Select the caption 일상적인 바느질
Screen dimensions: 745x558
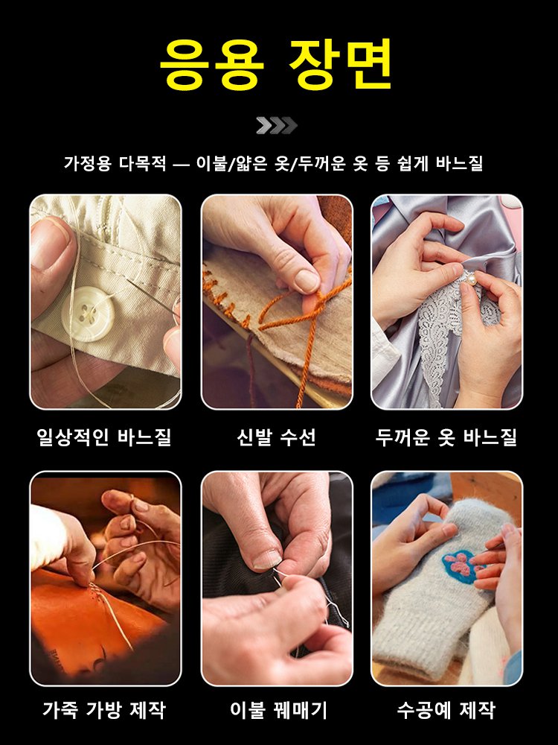pyautogui.click(x=104, y=437)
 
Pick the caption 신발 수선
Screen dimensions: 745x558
pyautogui.click(x=276, y=437)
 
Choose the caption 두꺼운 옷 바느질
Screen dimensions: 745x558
pyautogui.click(x=446, y=437)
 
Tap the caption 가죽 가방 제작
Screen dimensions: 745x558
pyautogui.click(x=104, y=710)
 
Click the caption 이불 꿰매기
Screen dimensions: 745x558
pyautogui.click(x=276, y=710)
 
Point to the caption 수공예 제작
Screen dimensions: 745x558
pyautogui.click(x=446, y=710)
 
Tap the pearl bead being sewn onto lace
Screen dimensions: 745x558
pyautogui.click(x=471, y=278)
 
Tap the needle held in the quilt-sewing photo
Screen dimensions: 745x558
pyautogui.click(x=279, y=577)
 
